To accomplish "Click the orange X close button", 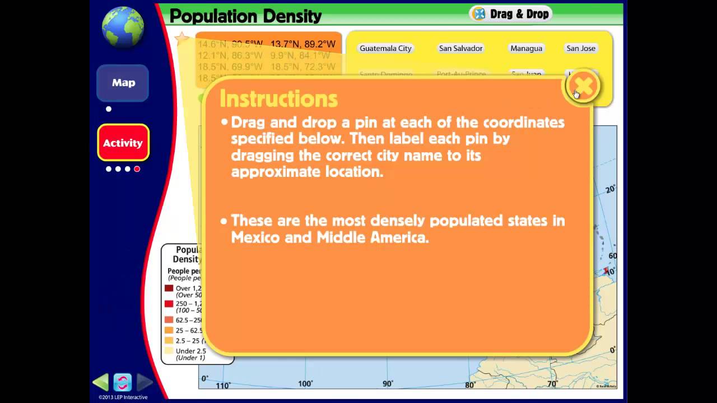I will pos(583,86).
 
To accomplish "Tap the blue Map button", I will pos(123,83).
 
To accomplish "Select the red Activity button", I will pos(123,143).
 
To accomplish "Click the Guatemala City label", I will pos(385,49).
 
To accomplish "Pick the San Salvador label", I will pos(460,49).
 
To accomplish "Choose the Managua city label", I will pos(526,49).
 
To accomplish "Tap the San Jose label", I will pos(580,49).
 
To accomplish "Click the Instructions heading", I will pos(278,99).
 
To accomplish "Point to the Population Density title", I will pos(245,16).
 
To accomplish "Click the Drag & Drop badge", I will pos(511,14).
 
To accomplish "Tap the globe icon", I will pos(123,27).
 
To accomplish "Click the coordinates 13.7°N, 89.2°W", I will pos(302,44).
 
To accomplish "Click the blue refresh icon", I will pos(122,382).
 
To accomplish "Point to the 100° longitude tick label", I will pos(305,384).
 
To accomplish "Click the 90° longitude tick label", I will pos(388,384).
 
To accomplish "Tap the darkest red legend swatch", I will pos(169,288).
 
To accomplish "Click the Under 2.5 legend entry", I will pos(190,352).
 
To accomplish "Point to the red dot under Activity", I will pos(137,169).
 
